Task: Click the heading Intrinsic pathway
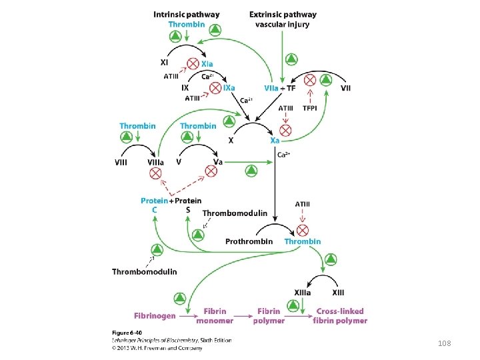186,14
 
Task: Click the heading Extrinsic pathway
283,14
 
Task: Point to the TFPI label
309,108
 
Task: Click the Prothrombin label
249,241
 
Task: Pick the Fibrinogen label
155,315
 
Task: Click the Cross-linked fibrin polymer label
341,315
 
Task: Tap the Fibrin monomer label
215,315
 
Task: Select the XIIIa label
303,292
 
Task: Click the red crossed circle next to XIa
192,63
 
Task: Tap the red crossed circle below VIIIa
155,173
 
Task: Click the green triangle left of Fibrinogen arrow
179,297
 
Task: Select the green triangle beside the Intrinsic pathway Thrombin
215,30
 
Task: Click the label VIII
122,162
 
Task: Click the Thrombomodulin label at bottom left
145,271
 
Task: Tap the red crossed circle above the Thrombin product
302,230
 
